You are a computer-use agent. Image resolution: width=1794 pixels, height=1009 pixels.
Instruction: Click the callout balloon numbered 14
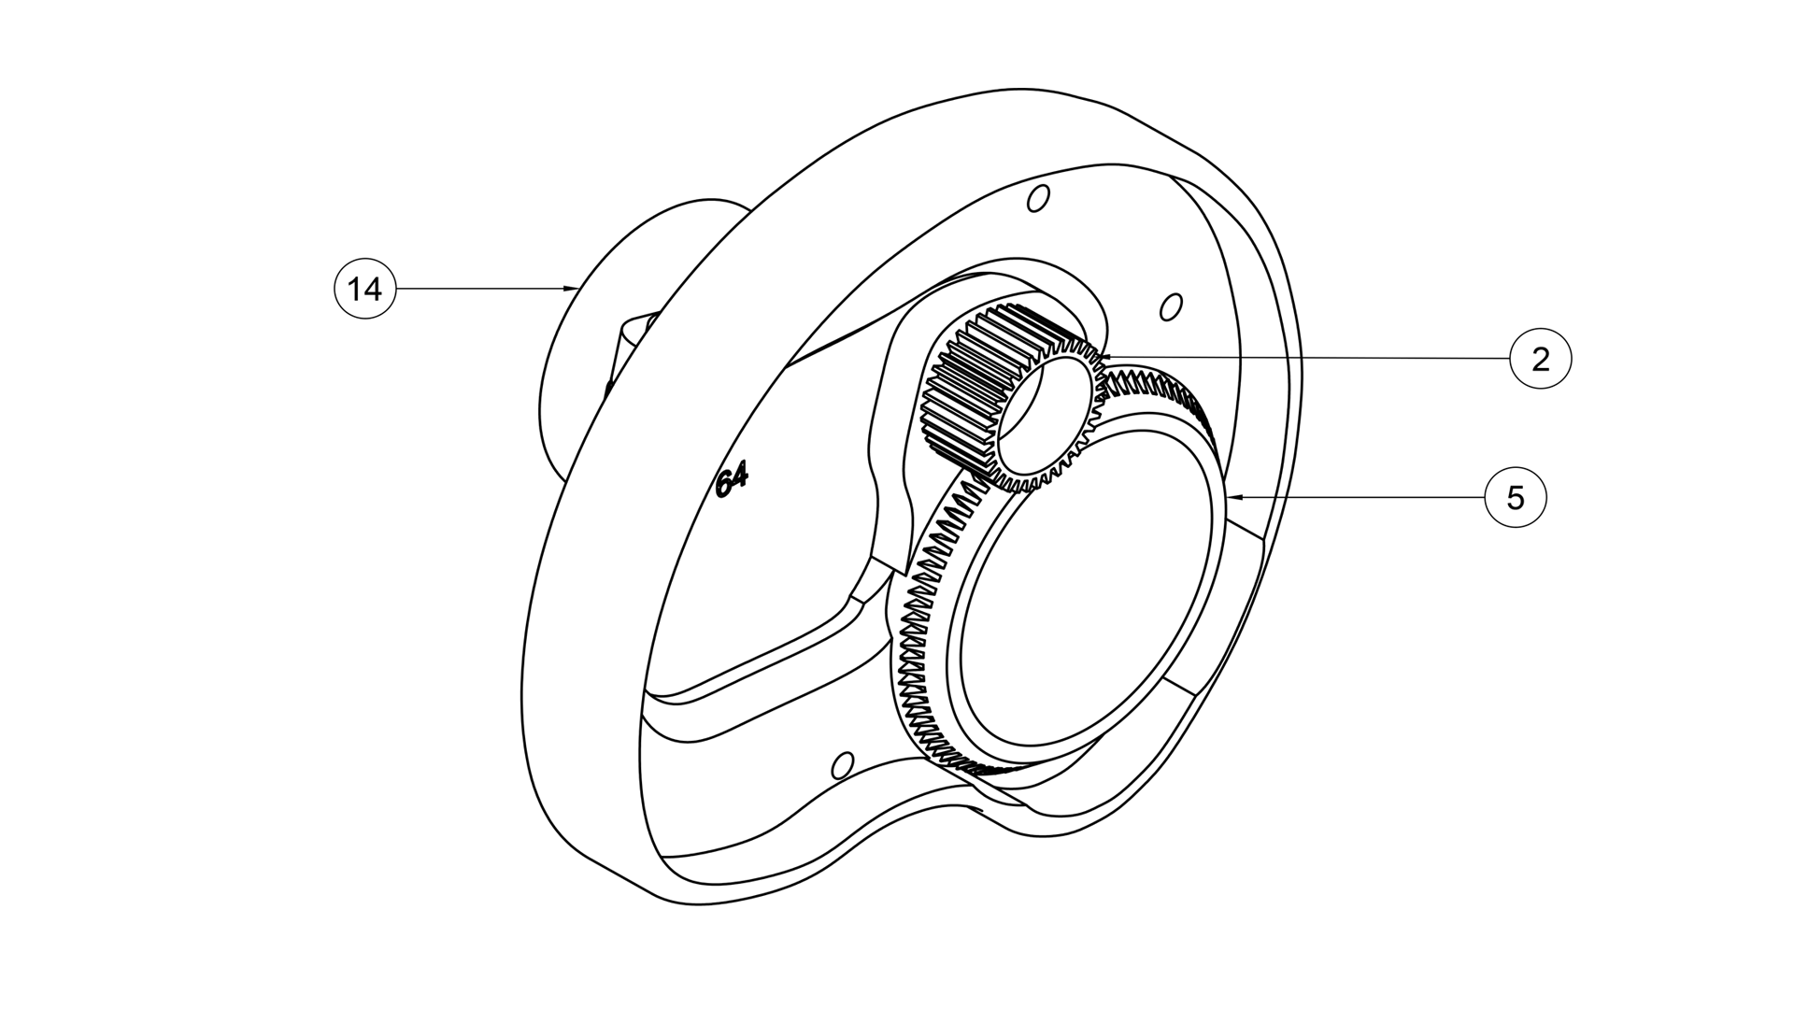pyautogui.click(x=365, y=290)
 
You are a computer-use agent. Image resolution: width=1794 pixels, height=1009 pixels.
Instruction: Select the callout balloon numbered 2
pyautogui.click(x=1541, y=360)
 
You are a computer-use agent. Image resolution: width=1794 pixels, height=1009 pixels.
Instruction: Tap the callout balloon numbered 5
pyautogui.click(x=1516, y=498)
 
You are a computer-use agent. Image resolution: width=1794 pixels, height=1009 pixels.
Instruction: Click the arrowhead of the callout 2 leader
pyautogui.click(x=1103, y=356)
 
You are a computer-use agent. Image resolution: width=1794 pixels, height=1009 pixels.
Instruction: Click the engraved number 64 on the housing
pyautogui.click(x=732, y=482)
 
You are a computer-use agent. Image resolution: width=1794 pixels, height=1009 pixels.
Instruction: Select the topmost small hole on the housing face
pyautogui.click(x=1037, y=198)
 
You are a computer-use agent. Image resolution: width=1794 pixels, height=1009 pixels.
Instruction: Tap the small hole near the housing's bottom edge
pyautogui.click(x=842, y=765)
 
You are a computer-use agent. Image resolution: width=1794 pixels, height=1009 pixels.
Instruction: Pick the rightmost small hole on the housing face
pyautogui.click(x=1171, y=306)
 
